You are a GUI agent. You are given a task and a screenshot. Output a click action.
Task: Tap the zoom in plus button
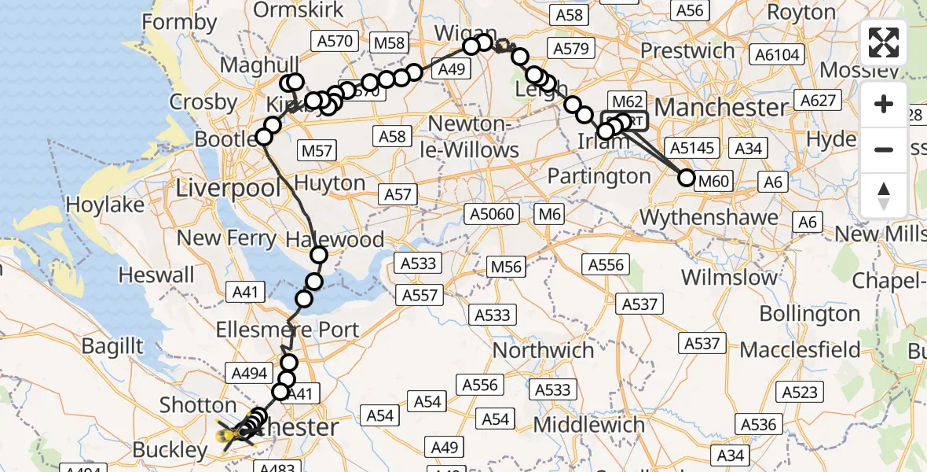click(884, 104)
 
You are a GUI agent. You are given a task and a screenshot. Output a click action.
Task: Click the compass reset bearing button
click(884, 194)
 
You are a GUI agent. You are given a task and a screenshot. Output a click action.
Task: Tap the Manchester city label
click(721, 106)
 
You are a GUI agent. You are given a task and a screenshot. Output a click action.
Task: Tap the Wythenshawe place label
click(698, 216)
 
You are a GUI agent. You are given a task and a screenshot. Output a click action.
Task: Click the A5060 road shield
click(493, 214)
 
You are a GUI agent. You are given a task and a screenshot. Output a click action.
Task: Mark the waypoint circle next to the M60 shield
click(687, 178)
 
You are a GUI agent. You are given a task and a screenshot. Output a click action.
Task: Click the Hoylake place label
click(105, 205)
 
